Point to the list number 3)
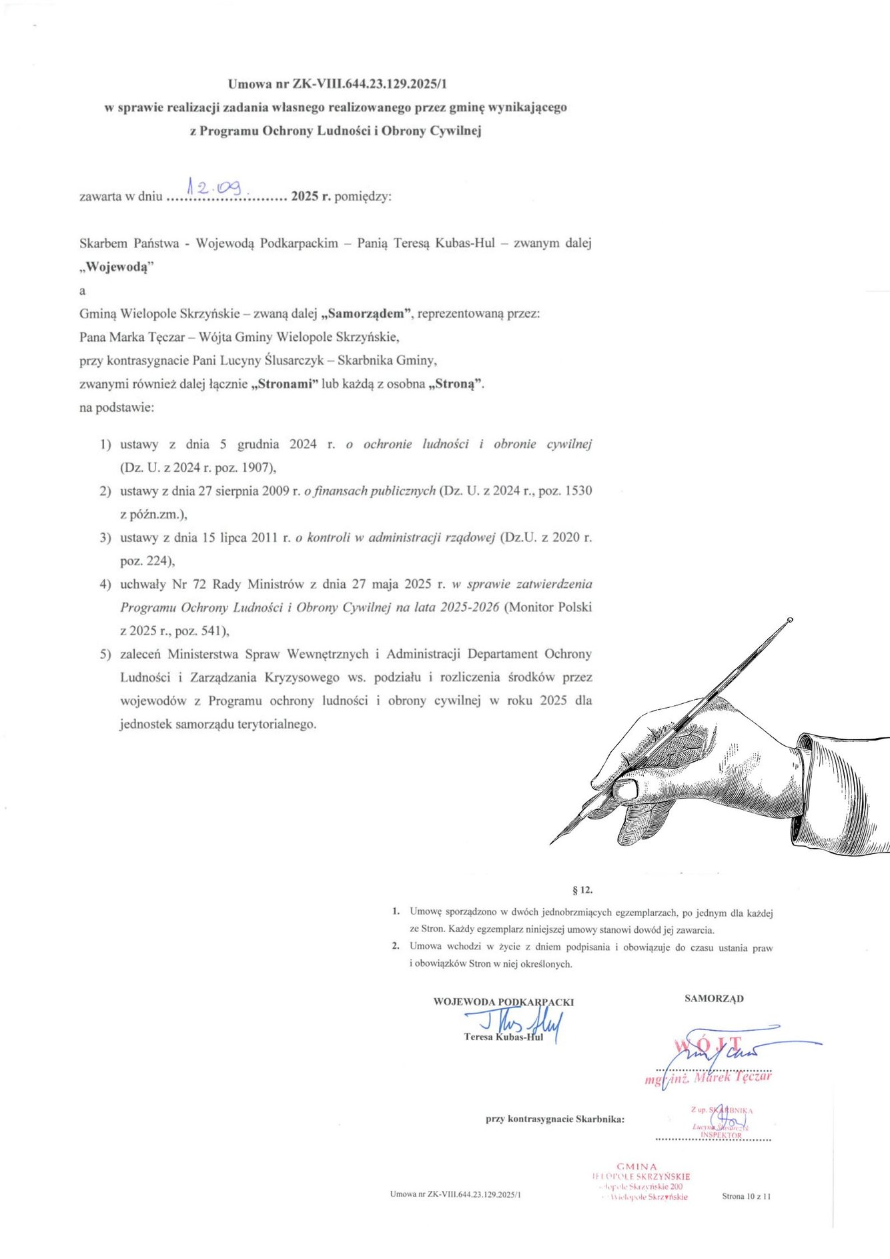(x=105, y=538)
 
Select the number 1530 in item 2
(x=578, y=491)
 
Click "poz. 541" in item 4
(x=201, y=631)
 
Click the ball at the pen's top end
(x=790, y=620)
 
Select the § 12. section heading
(x=582, y=890)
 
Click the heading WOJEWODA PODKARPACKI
(x=503, y=1001)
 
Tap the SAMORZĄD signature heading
(x=714, y=999)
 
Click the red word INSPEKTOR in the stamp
(x=721, y=1135)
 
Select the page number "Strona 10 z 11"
(x=746, y=1196)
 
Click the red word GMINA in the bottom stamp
(x=636, y=1167)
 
